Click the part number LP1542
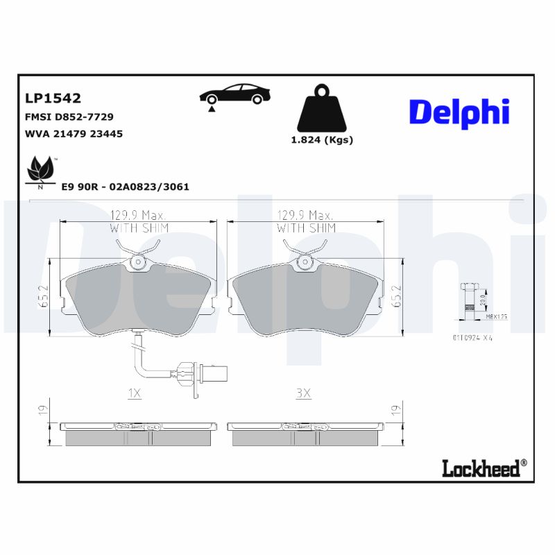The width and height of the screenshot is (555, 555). point(53,98)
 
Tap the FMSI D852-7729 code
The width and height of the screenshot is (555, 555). point(69,117)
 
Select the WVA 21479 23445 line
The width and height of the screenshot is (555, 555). point(74,133)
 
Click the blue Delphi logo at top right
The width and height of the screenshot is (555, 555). point(459,112)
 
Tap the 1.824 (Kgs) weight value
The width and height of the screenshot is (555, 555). point(321,140)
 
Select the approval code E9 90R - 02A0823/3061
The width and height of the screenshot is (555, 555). point(125,187)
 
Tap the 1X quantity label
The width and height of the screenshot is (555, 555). point(135,393)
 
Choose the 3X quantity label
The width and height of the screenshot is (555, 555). point(303,393)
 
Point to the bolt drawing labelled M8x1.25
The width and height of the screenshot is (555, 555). point(470,301)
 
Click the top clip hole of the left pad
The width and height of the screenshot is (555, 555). point(138,262)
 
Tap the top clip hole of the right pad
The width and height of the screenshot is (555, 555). point(305,262)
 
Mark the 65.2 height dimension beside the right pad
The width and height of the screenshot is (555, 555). point(397,298)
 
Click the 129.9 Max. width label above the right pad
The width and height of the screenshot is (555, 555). point(305,215)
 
